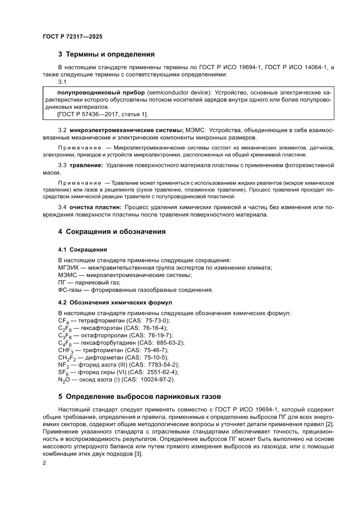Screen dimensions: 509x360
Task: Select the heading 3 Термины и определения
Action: point(107,54)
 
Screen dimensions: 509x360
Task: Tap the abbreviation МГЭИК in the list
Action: point(68,267)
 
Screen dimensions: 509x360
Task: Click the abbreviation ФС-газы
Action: point(69,289)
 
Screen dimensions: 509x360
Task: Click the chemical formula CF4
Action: point(62,321)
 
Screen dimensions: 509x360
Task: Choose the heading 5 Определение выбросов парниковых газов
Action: point(140,397)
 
